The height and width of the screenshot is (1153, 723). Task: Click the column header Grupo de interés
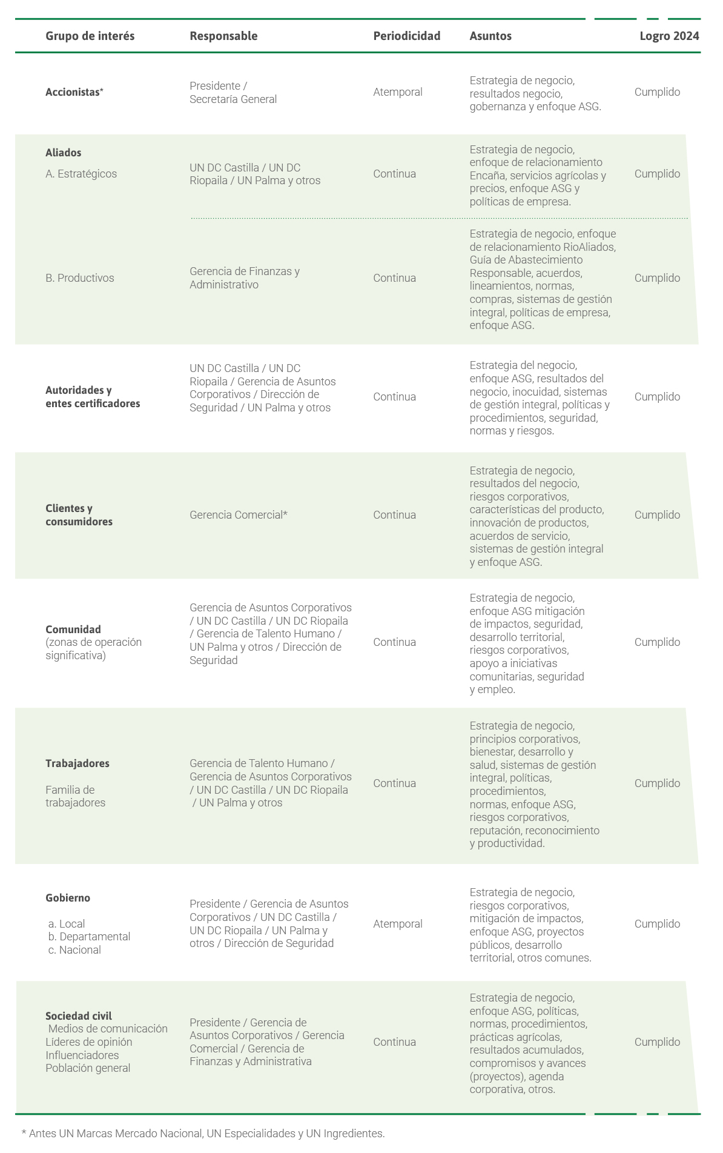click(90, 36)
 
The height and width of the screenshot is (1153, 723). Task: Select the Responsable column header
click(223, 36)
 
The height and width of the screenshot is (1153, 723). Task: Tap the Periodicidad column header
click(406, 36)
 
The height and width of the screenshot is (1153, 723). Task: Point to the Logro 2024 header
click(669, 36)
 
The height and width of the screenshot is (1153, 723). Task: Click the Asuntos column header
click(490, 36)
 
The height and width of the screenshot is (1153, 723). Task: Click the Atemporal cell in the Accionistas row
click(397, 92)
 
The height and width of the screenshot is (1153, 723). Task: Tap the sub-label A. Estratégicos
click(81, 174)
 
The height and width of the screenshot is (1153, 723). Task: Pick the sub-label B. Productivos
click(80, 278)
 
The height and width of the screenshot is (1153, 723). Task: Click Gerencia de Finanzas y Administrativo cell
click(244, 278)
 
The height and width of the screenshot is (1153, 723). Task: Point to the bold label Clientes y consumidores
click(79, 515)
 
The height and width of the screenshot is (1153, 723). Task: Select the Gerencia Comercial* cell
click(238, 515)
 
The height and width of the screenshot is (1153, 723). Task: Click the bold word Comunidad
click(73, 630)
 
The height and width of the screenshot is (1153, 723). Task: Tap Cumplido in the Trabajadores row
click(657, 783)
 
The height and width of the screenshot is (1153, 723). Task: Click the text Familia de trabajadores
click(75, 796)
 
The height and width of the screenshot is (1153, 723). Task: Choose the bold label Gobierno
click(68, 898)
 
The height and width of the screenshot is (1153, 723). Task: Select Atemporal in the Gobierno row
click(397, 924)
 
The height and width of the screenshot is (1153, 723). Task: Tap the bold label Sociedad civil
click(79, 1016)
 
